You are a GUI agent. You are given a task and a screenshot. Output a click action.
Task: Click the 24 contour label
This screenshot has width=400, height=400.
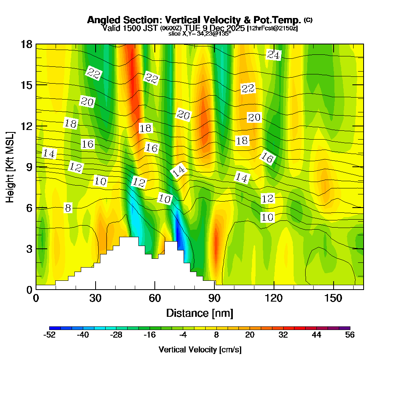274,55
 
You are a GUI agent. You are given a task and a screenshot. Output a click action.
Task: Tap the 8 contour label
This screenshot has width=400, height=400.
68,208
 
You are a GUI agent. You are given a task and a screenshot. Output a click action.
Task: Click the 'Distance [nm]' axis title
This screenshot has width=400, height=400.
199,313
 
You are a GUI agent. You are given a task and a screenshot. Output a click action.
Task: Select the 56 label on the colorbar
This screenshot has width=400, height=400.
350,335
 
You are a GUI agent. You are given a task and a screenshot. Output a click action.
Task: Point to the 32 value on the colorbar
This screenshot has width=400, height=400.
283,335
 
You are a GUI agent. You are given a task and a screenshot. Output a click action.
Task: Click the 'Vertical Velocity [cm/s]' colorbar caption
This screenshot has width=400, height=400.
200,350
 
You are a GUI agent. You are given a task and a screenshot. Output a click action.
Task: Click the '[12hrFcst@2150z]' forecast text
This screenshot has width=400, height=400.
272,28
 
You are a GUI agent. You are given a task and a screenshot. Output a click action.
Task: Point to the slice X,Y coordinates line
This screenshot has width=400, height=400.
200,34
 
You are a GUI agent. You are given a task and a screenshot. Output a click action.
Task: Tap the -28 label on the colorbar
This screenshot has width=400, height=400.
116,335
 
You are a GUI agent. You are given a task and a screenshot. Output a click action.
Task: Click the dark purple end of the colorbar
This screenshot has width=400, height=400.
346,328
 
